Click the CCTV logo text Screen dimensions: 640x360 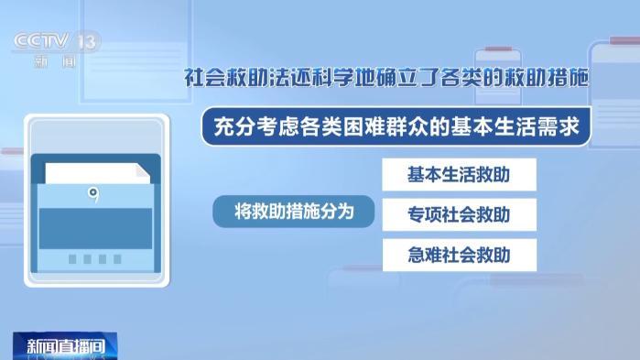41,41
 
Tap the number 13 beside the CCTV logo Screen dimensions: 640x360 87,41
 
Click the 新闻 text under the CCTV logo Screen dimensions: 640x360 56,62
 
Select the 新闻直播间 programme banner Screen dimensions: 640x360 65,346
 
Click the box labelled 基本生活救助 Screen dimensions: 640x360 460,174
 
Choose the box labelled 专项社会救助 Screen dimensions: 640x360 460,214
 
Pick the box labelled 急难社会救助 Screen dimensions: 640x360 460,255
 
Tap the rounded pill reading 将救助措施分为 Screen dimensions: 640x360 294,212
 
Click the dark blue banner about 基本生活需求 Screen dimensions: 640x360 396,126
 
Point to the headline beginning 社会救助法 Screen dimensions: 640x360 386,78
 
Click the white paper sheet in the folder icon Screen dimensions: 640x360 98,173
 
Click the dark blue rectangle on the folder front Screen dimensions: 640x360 95,229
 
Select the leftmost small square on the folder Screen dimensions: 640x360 72,258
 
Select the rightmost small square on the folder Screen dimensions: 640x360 117,258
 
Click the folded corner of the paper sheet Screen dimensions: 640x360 144,170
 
